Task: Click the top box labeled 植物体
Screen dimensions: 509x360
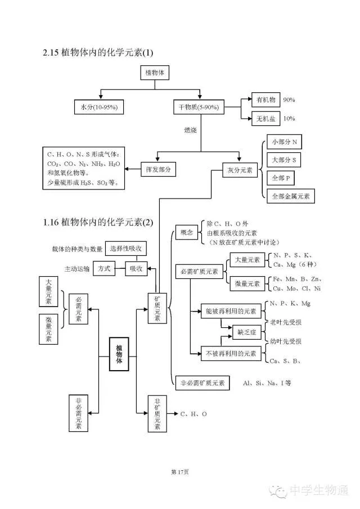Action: point(154,73)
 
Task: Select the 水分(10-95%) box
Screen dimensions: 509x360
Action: point(99,107)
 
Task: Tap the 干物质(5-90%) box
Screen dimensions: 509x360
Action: point(200,107)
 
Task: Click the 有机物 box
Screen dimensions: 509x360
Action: point(265,100)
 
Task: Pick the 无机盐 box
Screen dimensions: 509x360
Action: point(265,119)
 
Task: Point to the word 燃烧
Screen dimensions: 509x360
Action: point(191,130)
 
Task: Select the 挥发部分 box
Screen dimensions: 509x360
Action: point(157,169)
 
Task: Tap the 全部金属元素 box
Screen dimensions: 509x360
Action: point(290,196)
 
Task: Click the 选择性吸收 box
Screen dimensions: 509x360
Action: point(126,248)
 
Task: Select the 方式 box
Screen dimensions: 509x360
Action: point(104,269)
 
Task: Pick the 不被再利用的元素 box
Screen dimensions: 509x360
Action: point(231,354)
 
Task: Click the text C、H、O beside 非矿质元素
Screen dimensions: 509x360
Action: point(193,414)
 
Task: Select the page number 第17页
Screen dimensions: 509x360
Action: point(179,471)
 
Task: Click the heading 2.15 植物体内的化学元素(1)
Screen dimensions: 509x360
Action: point(97,52)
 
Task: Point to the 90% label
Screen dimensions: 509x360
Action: point(289,100)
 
